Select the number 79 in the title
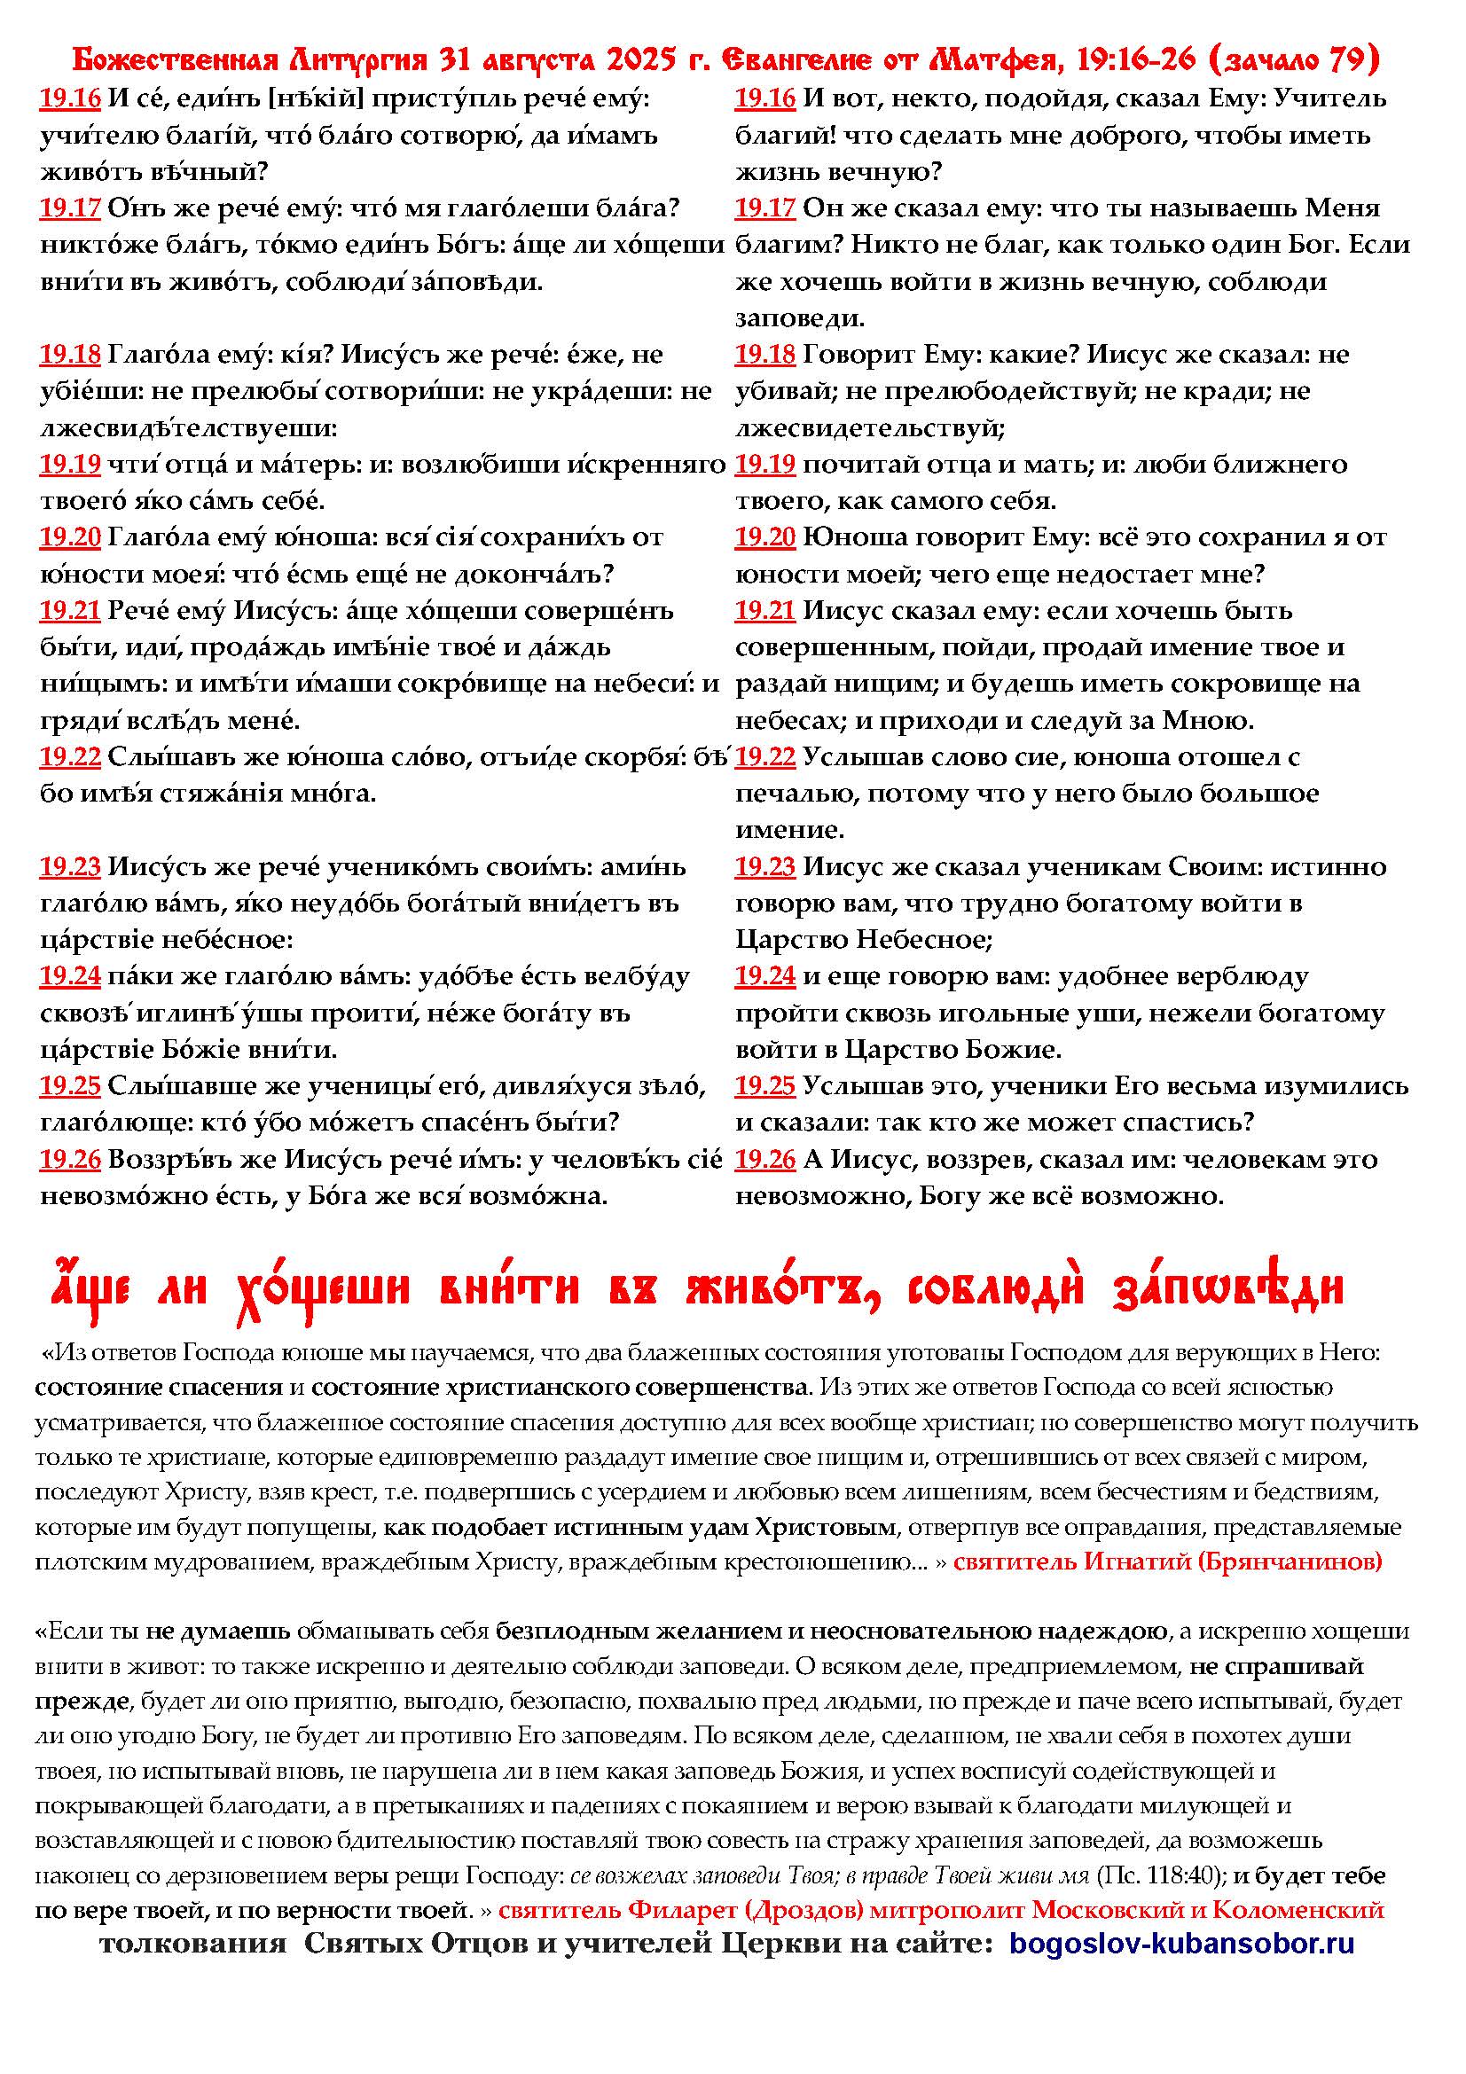point(1351,62)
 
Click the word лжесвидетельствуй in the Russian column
point(870,428)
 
